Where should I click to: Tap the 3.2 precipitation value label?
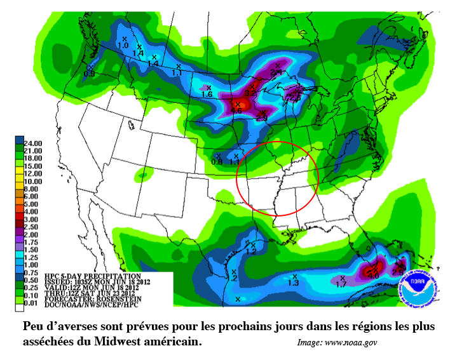coord(250,93)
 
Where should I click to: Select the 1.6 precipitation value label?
coord(207,95)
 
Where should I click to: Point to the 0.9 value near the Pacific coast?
coord(90,74)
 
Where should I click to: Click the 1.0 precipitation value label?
coord(123,46)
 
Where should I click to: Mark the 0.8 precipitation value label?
coord(217,162)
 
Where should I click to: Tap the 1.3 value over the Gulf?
coord(294,283)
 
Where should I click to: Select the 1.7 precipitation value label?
coord(341,285)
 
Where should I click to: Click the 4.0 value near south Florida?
coord(374,276)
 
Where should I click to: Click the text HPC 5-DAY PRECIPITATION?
coord(92,276)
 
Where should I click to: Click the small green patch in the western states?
coord(143,173)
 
